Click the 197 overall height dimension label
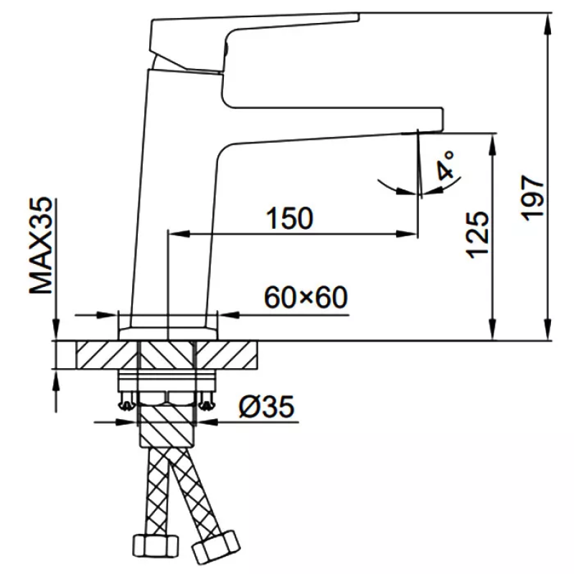532,198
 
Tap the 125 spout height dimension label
477,235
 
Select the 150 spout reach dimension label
289,218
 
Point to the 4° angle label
446,165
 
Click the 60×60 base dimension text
306,297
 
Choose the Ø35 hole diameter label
266,406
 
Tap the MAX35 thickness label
41,245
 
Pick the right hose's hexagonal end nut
216,546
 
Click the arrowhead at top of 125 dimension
493,145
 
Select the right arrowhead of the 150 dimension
406,234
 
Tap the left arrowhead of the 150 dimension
179,234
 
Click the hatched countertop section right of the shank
227,355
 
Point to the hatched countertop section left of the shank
107,355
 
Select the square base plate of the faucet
168,334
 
